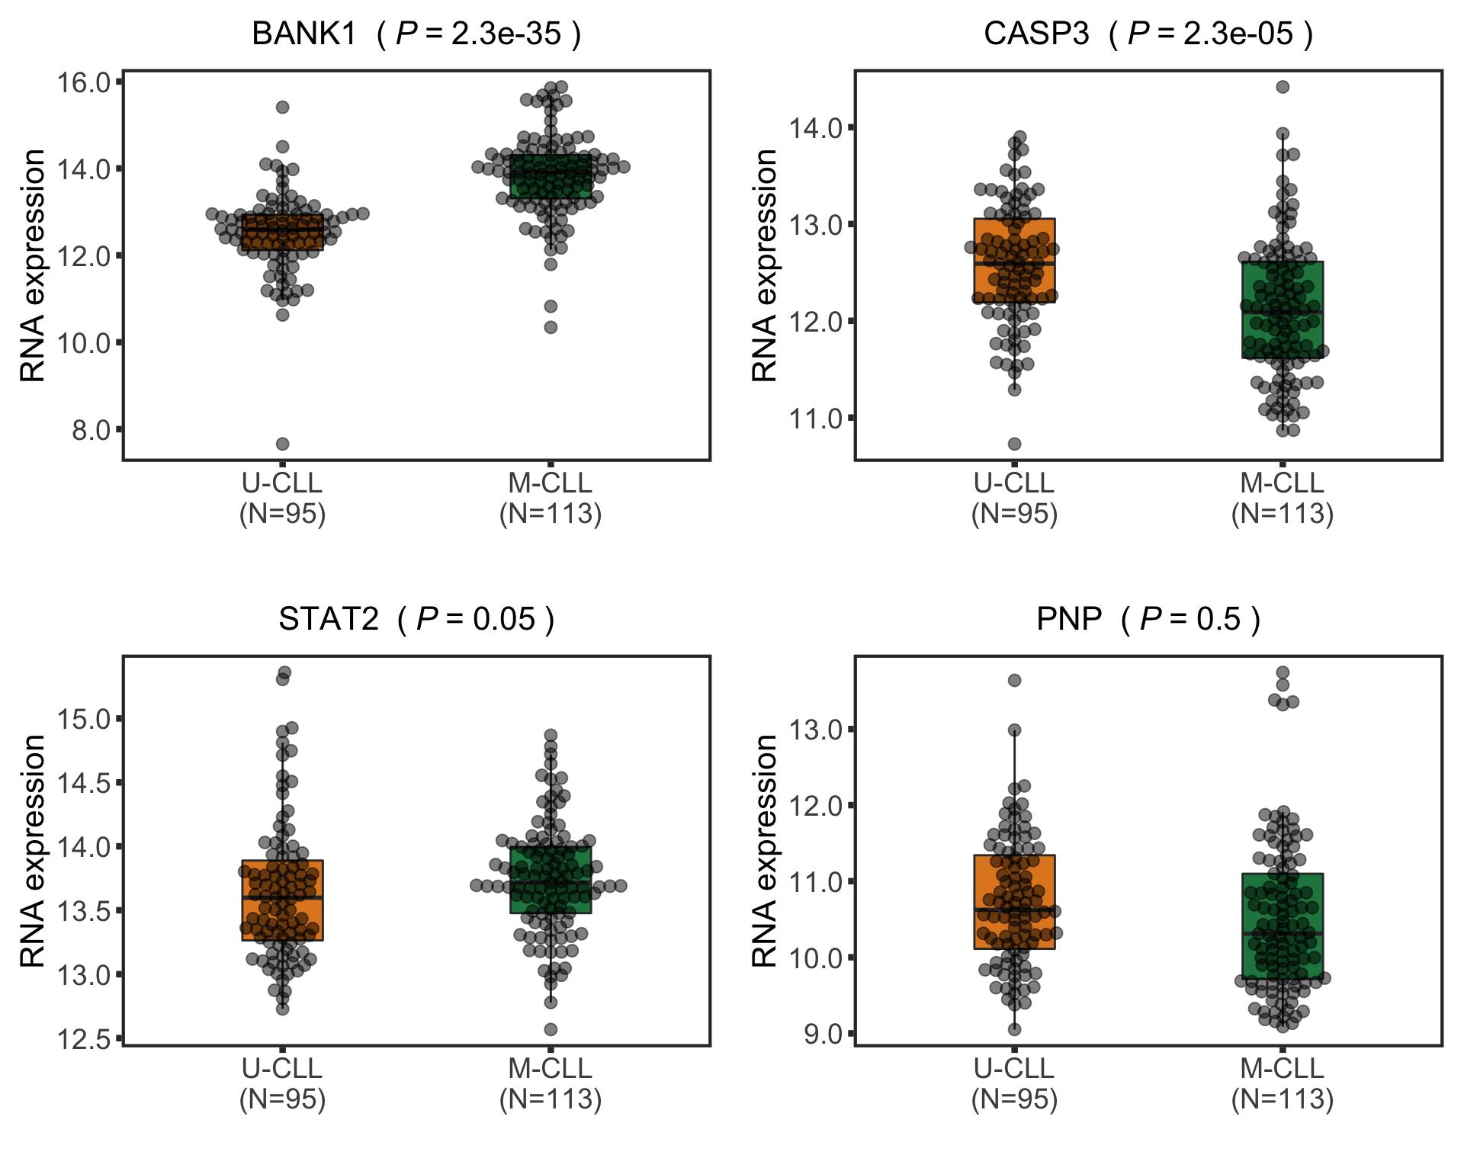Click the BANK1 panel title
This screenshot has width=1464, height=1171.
[x=416, y=34]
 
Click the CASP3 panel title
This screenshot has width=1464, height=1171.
[x=1148, y=34]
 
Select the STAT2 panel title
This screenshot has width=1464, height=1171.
[x=416, y=619]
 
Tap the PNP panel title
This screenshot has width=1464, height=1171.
[x=1148, y=619]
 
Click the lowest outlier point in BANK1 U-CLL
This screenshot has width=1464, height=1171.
[x=282, y=444]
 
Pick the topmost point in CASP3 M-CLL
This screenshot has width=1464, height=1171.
[x=1283, y=87]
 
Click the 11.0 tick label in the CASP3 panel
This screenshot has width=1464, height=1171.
[x=816, y=418]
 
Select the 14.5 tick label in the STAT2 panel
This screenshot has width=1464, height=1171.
[x=84, y=783]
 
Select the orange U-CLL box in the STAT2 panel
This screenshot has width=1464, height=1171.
[x=282, y=900]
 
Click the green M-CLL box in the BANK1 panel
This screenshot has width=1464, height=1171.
[x=551, y=176]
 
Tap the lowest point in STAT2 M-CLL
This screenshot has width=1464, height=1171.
[x=551, y=1029]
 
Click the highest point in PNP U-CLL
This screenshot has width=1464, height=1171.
[x=1014, y=680]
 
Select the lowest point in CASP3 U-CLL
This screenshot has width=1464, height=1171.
[x=1014, y=444]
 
